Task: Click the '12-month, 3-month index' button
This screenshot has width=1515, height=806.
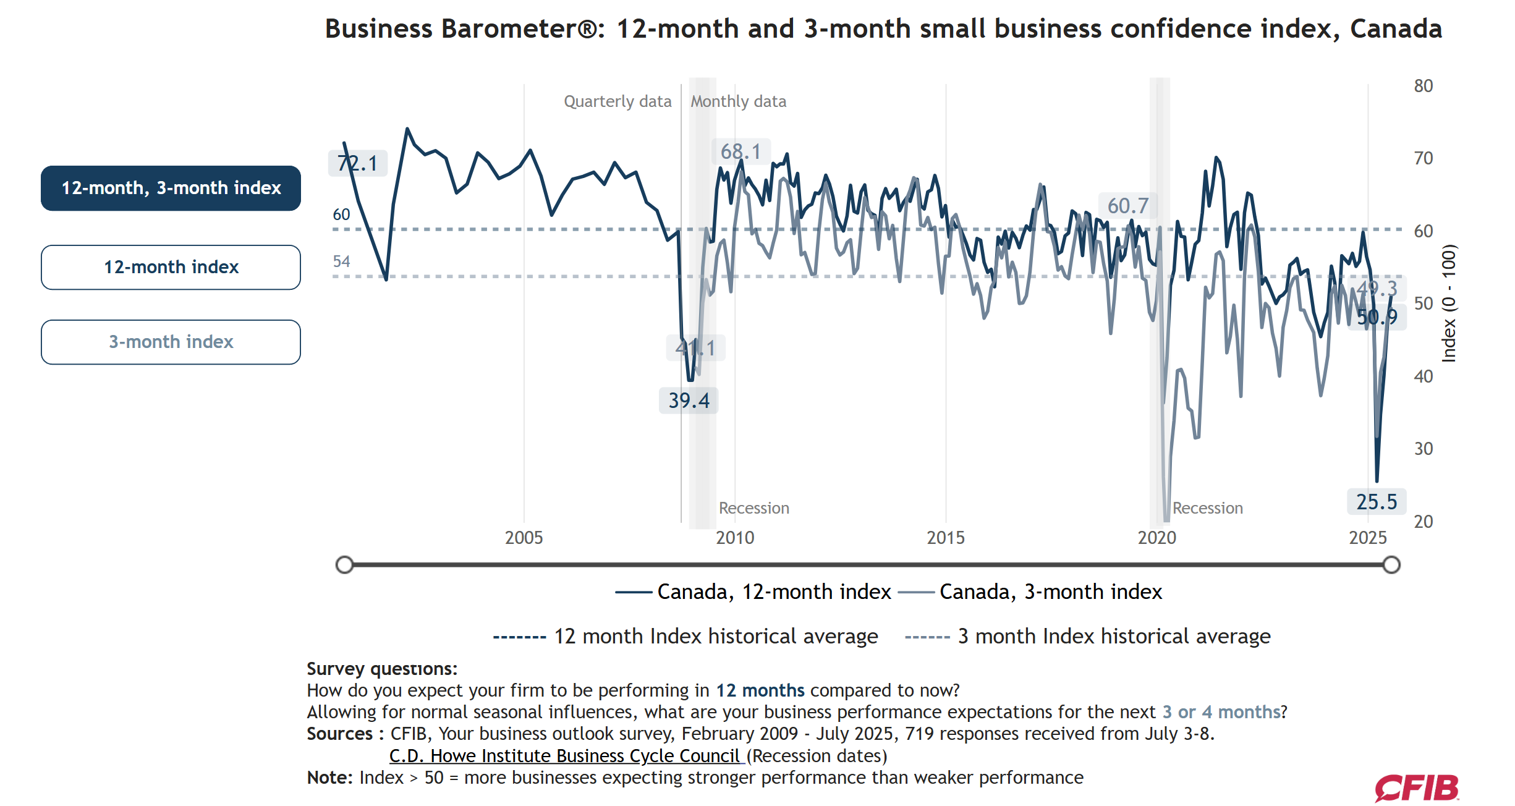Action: (171, 188)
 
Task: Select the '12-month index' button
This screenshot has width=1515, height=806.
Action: (171, 267)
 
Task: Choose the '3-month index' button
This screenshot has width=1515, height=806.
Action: (171, 342)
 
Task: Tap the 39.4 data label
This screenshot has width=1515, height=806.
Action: (689, 401)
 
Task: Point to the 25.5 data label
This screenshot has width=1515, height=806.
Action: (1377, 502)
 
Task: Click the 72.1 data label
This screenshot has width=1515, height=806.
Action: (357, 163)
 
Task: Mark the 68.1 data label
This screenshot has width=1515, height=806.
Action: (741, 151)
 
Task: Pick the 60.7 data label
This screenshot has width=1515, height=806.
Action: (1127, 206)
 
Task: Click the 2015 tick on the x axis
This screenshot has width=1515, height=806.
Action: (945, 538)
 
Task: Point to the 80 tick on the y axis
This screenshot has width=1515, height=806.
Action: (1423, 86)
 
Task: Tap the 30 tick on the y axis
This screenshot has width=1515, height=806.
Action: (1423, 449)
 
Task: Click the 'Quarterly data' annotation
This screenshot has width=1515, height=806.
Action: (617, 101)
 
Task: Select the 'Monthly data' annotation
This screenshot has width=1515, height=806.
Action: (738, 101)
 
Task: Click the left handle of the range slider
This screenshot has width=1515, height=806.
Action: (344, 564)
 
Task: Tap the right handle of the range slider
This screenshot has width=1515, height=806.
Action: (1391, 564)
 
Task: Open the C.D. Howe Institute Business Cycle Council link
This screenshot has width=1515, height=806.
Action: (565, 756)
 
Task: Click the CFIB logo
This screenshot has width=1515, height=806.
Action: (1416, 788)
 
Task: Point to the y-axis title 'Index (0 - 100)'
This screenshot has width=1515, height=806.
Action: (1449, 303)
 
